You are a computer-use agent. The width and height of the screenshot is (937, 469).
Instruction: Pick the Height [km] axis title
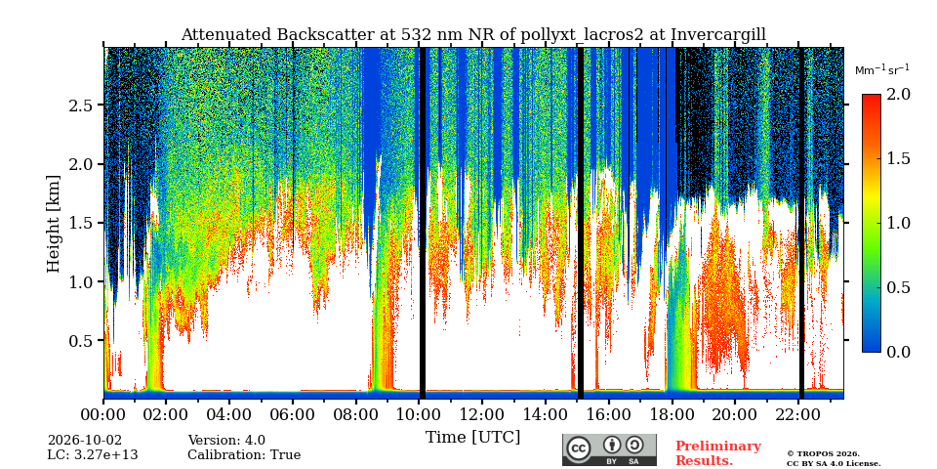coord(54,224)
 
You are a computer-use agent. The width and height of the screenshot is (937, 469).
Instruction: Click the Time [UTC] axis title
coord(472,438)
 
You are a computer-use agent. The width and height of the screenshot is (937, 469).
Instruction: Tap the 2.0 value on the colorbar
coord(898,94)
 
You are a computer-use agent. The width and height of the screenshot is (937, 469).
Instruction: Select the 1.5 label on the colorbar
coord(898,158)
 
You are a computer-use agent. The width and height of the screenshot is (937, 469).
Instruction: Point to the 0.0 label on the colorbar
coord(898,352)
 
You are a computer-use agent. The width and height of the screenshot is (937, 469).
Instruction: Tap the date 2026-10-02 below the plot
coord(84,441)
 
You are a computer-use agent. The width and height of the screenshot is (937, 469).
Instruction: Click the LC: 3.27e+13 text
coord(93,455)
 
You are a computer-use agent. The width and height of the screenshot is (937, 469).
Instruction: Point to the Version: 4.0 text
coord(226,441)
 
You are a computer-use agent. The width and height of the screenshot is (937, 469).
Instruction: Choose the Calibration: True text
coord(244,455)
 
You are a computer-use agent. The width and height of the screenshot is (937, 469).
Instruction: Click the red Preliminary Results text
coord(718,453)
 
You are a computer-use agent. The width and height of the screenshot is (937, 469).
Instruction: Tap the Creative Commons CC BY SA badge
coord(609,449)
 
